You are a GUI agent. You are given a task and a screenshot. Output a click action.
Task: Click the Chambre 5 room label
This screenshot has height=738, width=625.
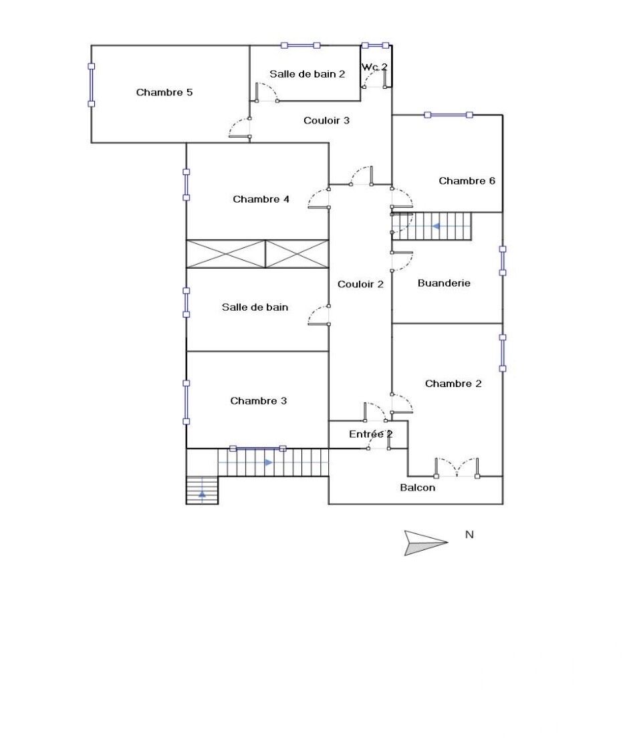[164, 92]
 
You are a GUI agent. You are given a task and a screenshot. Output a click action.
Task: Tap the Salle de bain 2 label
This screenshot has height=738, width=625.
[307, 74]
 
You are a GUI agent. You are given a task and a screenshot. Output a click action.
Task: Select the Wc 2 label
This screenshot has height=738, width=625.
[374, 67]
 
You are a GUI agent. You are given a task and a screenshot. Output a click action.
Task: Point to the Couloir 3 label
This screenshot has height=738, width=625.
[326, 120]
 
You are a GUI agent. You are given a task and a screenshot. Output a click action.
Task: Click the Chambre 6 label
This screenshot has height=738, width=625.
[467, 180]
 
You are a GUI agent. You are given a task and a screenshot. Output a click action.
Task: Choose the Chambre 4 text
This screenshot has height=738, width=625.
[261, 199]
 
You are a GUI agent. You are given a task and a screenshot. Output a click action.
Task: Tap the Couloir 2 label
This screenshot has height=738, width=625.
[360, 284]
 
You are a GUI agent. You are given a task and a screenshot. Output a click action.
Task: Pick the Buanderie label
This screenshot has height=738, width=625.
[444, 283]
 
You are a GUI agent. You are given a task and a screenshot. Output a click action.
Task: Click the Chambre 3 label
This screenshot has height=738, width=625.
[259, 401]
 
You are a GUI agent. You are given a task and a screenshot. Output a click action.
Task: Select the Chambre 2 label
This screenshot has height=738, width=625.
[453, 384]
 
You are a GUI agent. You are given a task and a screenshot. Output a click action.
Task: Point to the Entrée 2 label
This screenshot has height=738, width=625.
[370, 434]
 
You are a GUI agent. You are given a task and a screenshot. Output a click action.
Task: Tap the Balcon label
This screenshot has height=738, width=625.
[418, 487]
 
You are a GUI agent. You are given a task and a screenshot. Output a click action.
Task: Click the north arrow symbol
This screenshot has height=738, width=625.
[425, 543]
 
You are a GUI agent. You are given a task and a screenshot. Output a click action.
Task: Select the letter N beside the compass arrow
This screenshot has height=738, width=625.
[469, 535]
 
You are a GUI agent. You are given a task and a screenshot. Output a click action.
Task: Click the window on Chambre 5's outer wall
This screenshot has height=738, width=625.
[92, 85]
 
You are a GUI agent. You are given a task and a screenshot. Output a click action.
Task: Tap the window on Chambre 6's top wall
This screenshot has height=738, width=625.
[449, 115]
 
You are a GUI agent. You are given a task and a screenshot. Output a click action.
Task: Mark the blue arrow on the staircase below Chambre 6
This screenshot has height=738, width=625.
[436, 227]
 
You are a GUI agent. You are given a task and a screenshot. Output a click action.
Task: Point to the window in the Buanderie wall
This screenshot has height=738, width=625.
[503, 261]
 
